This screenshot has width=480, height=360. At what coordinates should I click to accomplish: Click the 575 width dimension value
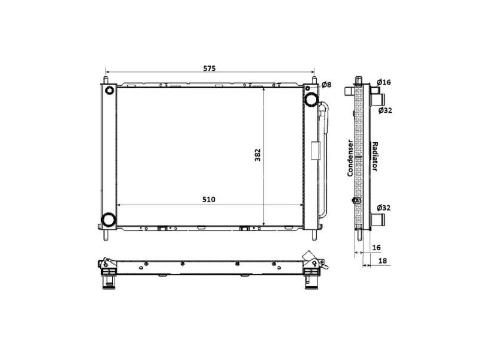208,68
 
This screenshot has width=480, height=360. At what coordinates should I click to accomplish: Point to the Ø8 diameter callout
326,85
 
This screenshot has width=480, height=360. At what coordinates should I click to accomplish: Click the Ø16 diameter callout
384,82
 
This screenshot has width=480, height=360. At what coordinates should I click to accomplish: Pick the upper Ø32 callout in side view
385,110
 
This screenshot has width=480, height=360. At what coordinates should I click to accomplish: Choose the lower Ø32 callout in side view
385,208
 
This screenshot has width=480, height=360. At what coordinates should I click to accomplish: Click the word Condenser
350,158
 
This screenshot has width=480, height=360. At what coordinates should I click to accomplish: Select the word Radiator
374,158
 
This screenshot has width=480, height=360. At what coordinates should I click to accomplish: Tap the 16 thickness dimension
376,247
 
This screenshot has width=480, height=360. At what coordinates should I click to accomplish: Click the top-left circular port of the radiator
109,91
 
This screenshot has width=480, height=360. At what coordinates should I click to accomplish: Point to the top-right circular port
311,98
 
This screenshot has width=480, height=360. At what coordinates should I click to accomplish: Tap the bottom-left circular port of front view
109,220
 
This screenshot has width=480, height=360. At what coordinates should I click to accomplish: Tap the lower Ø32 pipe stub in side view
377,219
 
